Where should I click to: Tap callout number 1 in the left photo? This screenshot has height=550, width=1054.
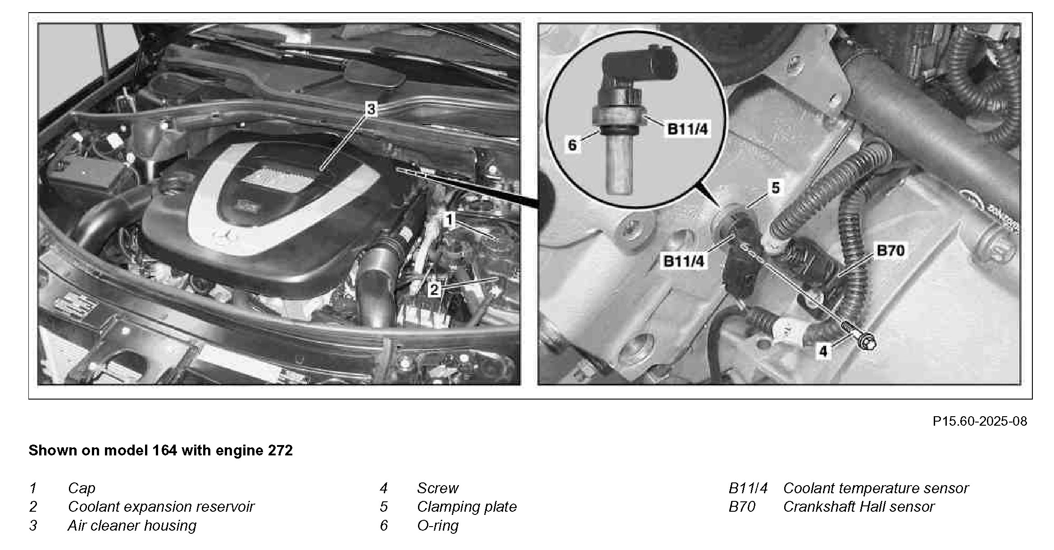tap(449, 220)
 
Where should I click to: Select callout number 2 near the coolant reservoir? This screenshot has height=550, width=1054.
tap(434, 289)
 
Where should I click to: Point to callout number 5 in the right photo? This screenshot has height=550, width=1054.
tap(775, 187)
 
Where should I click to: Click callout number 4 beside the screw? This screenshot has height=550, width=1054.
tap(823, 351)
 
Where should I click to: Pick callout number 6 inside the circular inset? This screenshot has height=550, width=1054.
tap(572, 145)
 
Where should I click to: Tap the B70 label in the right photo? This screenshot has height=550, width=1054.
tap(890, 250)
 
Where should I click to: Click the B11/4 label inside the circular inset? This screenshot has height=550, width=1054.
tap(687, 129)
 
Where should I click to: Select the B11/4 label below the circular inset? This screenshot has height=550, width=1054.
tap(684, 261)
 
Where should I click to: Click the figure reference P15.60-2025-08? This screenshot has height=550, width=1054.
tap(980, 421)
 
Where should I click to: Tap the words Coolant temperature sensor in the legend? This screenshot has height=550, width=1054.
tap(876, 488)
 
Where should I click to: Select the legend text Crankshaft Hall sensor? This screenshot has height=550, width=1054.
tap(859, 507)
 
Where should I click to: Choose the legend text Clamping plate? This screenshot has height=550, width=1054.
tap(467, 507)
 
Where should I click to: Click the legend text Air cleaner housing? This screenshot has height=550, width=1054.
tap(132, 526)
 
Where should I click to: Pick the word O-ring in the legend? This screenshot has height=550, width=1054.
tap(437, 526)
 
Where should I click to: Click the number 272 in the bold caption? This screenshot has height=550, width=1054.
tap(280, 450)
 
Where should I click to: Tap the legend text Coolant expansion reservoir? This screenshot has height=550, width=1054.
tap(161, 507)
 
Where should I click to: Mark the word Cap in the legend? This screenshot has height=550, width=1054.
tap(82, 489)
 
